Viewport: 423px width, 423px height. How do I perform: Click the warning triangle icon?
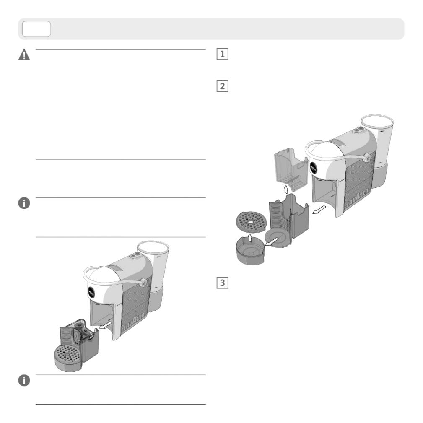click(24, 54)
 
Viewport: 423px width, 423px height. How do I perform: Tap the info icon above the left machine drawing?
click(24, 203)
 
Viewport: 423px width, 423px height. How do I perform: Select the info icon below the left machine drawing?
click(24, 380)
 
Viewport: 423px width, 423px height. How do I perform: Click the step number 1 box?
click(223, 54)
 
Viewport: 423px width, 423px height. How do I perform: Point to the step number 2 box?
click(223, 86)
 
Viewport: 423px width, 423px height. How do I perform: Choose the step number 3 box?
click(223, 283)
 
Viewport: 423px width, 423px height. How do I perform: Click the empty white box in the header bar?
click(36, 29)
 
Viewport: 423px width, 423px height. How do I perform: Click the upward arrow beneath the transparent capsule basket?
click(286, 189)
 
